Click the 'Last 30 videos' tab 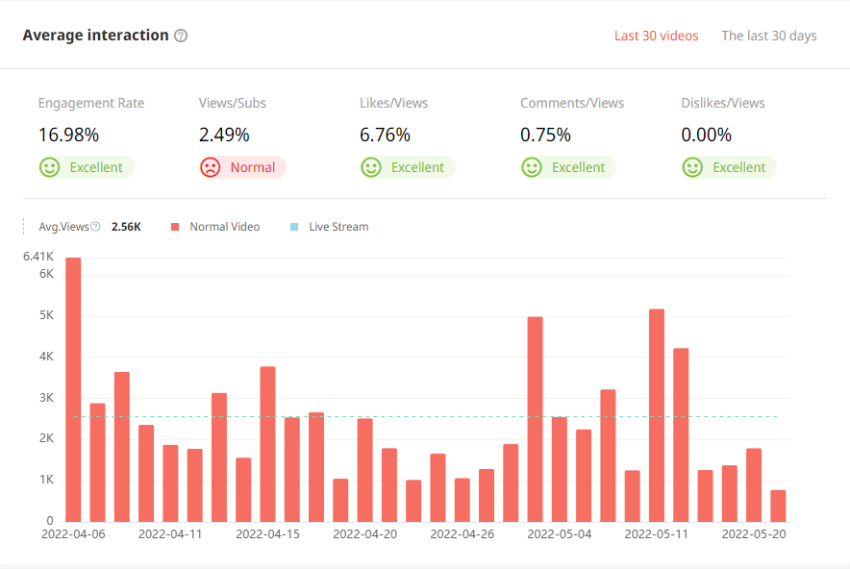(x=656, y=36)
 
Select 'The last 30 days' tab (x=768, y=36)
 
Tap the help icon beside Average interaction (x=181, y=36)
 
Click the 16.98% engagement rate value (x=68, y=135)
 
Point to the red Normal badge (x=242, y=167)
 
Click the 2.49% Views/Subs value (x=224, y=135)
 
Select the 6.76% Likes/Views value (x=385, y=135)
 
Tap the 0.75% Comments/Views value (x=545, y=135)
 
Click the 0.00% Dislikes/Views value (x=706, y=135)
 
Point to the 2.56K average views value (x=126, y=227)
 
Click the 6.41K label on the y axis (x=37, y=257)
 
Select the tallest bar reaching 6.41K (x=73, y=388)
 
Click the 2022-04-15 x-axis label (x=267, y=533)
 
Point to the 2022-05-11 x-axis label (x=657, y=533)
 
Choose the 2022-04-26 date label (x=462, y=533)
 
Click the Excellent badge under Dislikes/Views (x=728, y=167)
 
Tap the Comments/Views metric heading (x=572, y=103)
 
